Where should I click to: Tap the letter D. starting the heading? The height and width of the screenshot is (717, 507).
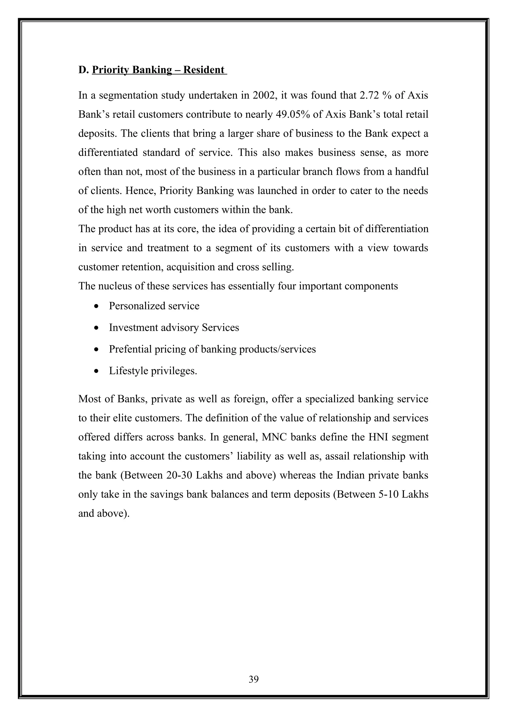tap(83, 70)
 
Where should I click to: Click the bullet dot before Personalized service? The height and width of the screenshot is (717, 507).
tap(97, 306)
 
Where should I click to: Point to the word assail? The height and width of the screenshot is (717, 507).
tap(337, 456)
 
